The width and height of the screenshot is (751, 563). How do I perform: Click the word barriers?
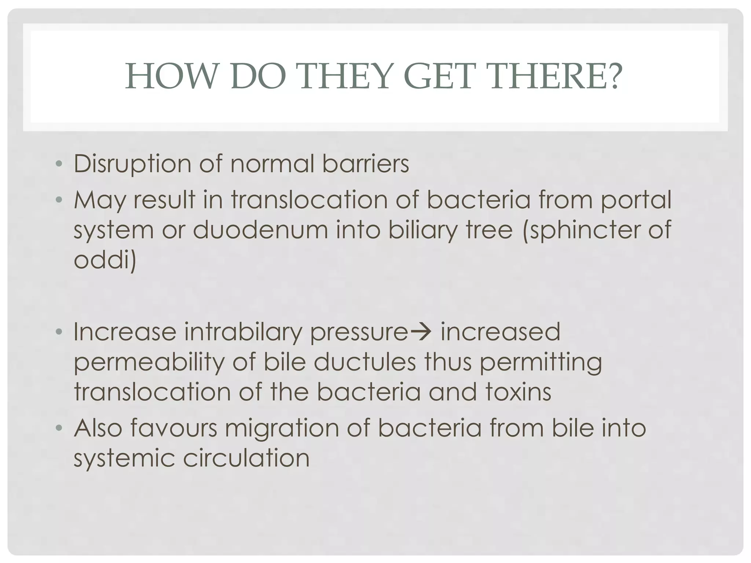point(366,164)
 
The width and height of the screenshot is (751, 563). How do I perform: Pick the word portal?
point(636,200)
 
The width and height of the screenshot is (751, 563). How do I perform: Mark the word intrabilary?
point(243,332)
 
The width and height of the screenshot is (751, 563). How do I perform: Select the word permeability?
point(149,363)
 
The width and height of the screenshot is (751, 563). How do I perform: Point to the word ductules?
point(365,362)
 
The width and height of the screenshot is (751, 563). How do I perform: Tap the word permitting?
point(541,363)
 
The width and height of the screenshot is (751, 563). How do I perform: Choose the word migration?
point(282,428)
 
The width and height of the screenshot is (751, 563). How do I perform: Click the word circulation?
point(246,458)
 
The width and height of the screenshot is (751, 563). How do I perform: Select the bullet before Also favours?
point(58,428)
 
